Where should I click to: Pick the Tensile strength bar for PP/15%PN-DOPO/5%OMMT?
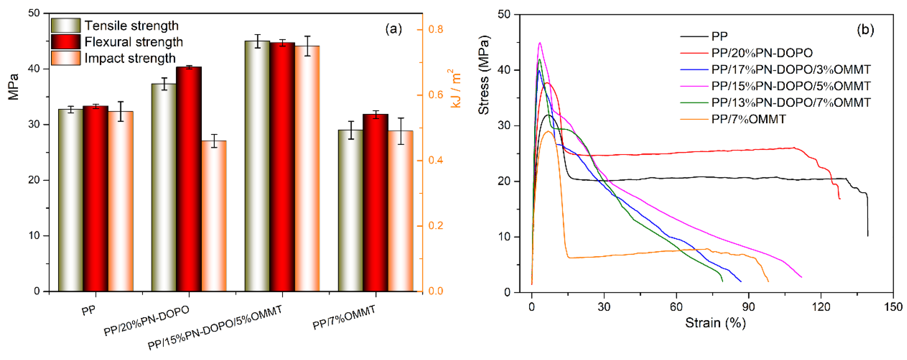click(257, 166)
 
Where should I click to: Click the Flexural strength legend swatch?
click(66, 42)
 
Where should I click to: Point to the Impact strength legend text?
click(130, 58)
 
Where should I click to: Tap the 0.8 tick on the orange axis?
click(435, 29)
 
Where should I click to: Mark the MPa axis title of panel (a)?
click(13, 87)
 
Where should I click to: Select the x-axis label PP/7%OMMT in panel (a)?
click(344, 317)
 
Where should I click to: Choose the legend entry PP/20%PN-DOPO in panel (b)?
click(761, 53)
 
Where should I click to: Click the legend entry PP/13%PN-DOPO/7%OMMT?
click(791, 102)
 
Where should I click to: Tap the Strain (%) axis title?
click(715, 323)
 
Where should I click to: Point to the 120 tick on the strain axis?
click(821, 307)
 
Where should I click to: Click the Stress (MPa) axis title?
click(484, 75)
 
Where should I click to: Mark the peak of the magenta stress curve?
click(540, 43)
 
